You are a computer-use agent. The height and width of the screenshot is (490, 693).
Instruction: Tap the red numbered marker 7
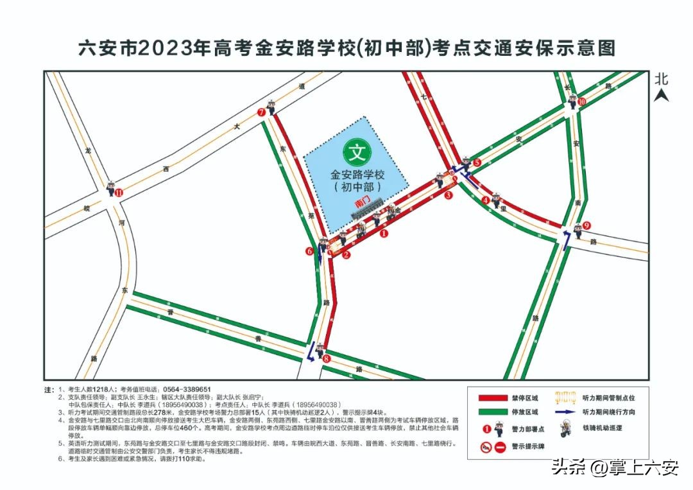[261, 112]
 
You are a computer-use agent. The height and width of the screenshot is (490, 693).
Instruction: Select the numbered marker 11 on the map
[118, 192]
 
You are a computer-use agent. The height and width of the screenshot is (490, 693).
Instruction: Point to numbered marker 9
[586, 225]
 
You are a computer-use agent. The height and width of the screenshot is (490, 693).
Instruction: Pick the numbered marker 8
[326, 358]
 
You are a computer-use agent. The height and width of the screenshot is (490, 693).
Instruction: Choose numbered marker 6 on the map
[309, 252]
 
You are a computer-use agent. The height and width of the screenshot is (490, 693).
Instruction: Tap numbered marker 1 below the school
[384, 234]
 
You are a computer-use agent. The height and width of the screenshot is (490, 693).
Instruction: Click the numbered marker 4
[486, 200]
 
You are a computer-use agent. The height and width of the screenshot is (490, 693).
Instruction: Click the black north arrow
[662, 96]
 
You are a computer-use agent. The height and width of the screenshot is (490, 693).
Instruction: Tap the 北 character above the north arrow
[662, 79]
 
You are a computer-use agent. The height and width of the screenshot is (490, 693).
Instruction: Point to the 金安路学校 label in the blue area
[357, 175]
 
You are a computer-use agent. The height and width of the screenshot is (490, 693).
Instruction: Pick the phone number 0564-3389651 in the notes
[187, 390]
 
